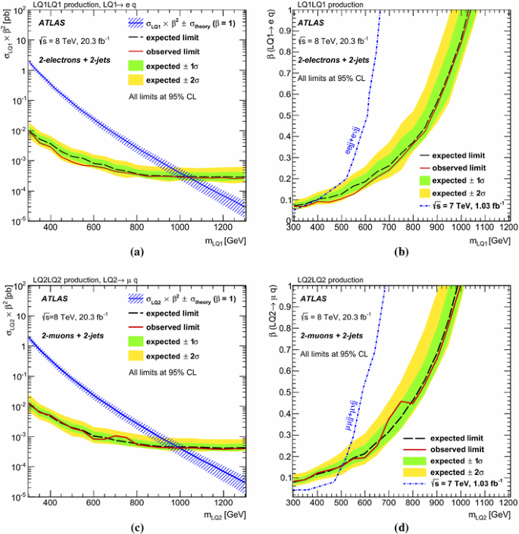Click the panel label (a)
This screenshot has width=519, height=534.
(x=137, y=251)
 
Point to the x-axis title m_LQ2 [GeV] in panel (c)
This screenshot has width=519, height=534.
(x=221, y=515)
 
